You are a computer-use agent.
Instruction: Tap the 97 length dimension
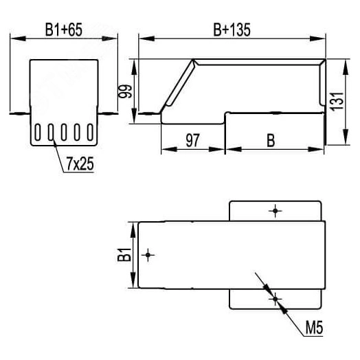click(193, 140)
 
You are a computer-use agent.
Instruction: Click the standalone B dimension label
click(271, 140)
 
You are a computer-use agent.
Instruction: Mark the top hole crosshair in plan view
click(275, 210)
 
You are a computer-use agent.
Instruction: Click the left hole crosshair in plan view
click(148, 255)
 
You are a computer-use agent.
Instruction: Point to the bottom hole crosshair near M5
click(275, 299)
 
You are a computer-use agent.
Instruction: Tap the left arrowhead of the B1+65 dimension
click(15, 38)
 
